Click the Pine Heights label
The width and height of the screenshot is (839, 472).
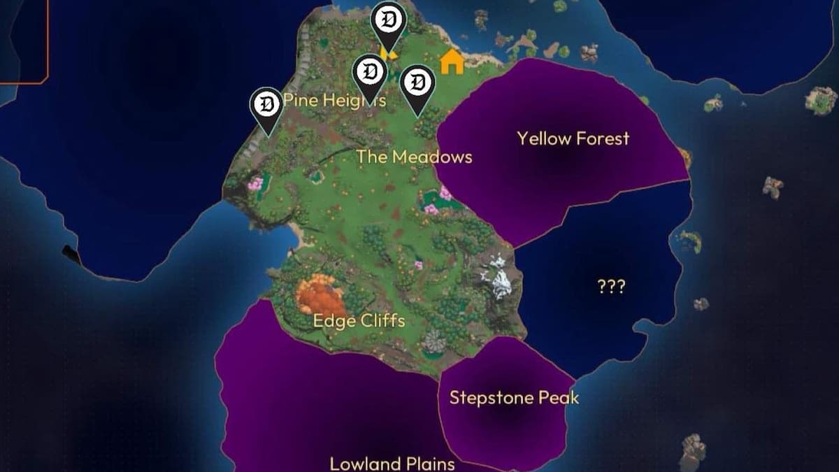[334, 101]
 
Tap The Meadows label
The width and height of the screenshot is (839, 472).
[414, 157]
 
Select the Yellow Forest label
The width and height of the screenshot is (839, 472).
[573, 138]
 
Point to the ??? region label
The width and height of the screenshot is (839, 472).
[611, 287]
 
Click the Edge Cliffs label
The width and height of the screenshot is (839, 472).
[359, 321]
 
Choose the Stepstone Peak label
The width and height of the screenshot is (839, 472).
[514, 398]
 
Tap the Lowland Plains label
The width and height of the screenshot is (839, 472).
[392, 463]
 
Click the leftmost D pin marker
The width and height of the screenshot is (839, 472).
[266, 106]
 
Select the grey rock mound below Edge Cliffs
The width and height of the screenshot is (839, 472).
[435, 343]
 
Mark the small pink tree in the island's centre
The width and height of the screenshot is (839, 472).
[418, 265]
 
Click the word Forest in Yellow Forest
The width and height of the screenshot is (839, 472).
[601, 138]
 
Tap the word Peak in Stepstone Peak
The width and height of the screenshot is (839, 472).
[559, 398]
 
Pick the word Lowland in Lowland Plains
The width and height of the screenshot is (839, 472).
[364, 463]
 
